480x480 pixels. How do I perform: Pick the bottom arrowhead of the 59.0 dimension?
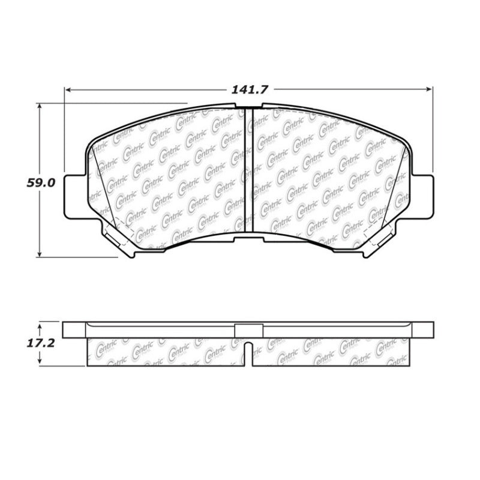[40, 254]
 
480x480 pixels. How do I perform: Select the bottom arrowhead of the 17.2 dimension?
[40, 362]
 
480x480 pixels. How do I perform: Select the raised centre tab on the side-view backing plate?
[248, 328]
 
